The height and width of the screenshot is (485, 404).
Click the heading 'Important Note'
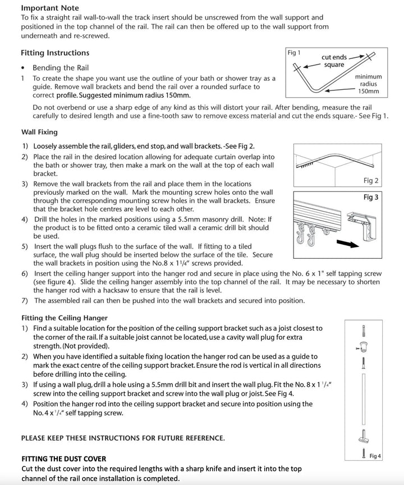click(x=50, y=8)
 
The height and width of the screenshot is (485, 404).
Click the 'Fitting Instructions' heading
click(x=55, y=53)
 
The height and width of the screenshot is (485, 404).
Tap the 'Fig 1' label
click(x=294, y=53)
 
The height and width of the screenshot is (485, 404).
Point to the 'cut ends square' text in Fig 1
click(x=334, y=61)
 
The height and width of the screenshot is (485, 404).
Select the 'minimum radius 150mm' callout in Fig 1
click(x=368, y=84)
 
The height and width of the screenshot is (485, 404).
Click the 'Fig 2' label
click(x=371, y=181)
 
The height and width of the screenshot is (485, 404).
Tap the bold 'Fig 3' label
click(x=371, y=198)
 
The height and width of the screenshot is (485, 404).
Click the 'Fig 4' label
click(x=375, y=456)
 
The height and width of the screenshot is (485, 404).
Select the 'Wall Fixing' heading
click(x=39, y=132)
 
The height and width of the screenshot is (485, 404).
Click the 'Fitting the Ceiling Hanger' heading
click(x=64, y=318)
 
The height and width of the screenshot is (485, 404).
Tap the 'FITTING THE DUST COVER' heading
click(x=63, y=459)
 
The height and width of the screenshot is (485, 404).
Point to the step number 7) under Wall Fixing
click(x=25, y=300)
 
